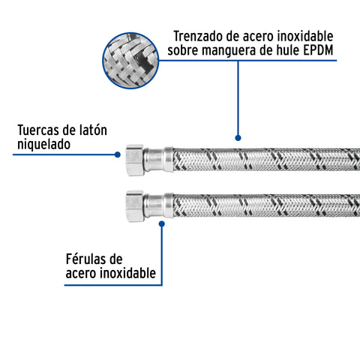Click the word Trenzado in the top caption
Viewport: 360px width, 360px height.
click(199, 36)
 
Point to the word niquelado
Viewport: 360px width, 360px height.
click(43, 145)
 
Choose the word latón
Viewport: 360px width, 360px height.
click(93, 130)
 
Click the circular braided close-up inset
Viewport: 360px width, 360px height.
click(130, 61)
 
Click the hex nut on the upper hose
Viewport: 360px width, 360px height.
click(135, 160)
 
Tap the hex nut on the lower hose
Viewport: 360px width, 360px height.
click(135, 206)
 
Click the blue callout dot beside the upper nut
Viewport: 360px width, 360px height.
click(118, 154)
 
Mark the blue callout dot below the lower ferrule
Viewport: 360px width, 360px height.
click(162, 223)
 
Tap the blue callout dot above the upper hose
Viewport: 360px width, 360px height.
click(238, 138)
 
